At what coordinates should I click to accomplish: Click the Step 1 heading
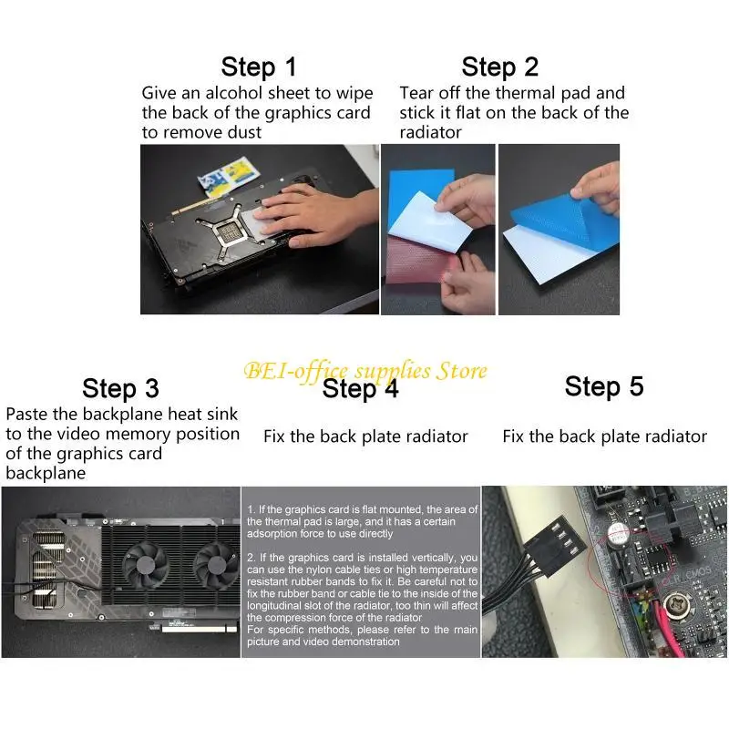point(259,67)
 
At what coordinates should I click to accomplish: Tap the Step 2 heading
point(499,67)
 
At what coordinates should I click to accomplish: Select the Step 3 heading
point(120,388)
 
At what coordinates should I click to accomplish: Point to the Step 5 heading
point(604,386)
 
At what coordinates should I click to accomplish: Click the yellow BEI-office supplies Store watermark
point(365,372)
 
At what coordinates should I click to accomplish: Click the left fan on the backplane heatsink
point(146,564)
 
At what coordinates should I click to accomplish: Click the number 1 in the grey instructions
point(250,509)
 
